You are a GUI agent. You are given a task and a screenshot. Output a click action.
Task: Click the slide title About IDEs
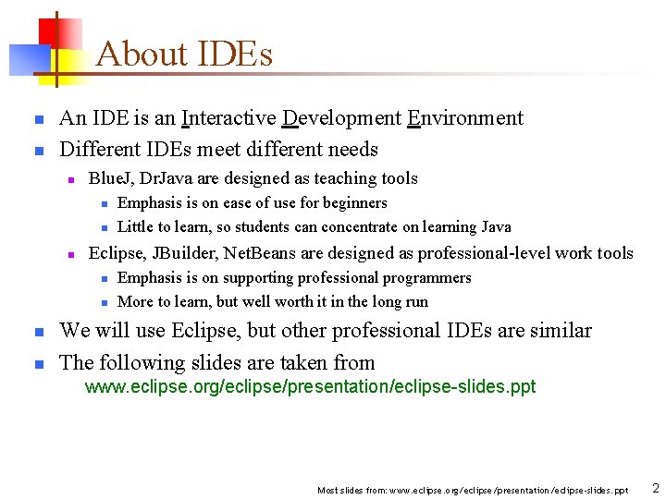184,55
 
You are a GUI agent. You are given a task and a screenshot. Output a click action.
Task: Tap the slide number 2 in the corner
655,488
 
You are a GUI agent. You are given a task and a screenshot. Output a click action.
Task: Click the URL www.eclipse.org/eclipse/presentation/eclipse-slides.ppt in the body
310,387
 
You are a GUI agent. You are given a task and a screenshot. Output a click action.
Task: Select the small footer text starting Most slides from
472,490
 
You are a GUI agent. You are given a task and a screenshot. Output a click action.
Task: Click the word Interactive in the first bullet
228,118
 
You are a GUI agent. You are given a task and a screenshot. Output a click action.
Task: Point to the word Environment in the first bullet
465,118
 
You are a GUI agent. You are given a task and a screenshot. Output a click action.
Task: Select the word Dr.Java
163,178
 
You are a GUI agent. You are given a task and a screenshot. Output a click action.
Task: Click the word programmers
429,278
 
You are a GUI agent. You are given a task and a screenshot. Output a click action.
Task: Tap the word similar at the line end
558,331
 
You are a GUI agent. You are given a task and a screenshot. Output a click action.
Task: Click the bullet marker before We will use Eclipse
38,332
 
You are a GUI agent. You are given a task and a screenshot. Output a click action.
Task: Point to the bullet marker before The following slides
38,364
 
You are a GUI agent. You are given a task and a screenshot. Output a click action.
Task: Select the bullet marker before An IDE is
38,119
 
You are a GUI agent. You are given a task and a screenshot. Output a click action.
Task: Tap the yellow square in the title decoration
65,61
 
